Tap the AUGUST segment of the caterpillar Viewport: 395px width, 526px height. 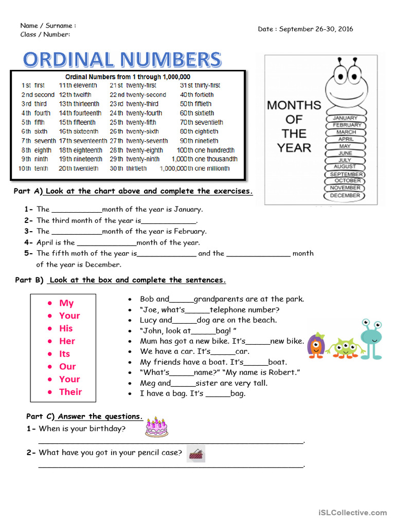[x=345, y=167]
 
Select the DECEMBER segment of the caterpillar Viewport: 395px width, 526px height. [x=345, y=196]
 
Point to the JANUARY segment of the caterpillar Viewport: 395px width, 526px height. [x=345, y=118]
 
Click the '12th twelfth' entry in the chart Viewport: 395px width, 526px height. [x=75, y=95]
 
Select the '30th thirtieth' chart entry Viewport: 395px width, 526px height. [x=128, y=168]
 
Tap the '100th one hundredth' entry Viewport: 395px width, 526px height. [x=206, y=150]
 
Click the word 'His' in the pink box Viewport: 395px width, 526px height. [x=66, y=328]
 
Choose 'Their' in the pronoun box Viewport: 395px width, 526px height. [x=70, y=391]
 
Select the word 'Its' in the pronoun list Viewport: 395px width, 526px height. [x=64, y=353]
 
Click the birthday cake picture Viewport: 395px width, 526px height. [x=156, y=427]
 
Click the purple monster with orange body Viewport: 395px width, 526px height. [x=316, y=345]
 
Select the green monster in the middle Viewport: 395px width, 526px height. [x=342, y=348]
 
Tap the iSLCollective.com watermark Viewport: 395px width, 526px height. [x=352, y=512]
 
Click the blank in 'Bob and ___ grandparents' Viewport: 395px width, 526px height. [x=182, y=299]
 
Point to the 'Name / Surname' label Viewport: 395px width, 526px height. [x=48, y=25]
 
